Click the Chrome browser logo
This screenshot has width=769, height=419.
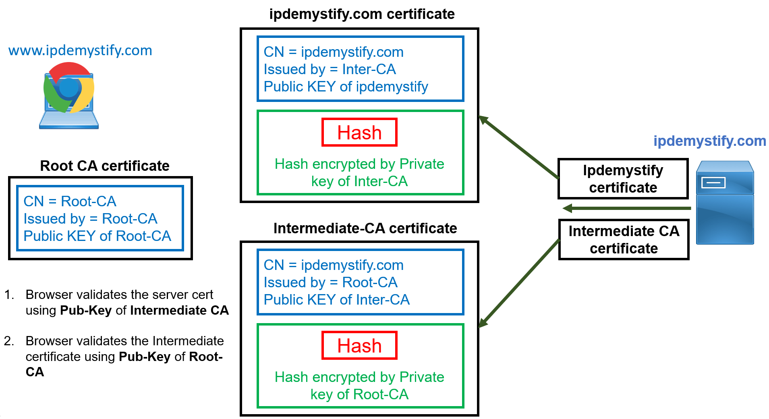tap(69, 88)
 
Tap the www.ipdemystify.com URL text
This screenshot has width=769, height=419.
tap(80, 50)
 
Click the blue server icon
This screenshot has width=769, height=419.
tap(725, 203)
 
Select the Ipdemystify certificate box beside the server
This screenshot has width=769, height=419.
tap(623, 179)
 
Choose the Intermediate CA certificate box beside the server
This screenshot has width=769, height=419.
tap(624, 240)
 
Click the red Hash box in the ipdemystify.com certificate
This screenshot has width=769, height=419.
tap(359, 133)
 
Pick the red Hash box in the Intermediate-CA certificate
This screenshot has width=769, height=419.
tap(359, 346)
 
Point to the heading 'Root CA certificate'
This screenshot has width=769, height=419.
tap(105, 166)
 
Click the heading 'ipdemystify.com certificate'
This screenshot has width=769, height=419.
tap(362, 14)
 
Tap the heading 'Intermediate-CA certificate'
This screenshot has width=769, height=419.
tap(365, 228)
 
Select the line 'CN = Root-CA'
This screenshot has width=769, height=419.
tap(70, 201)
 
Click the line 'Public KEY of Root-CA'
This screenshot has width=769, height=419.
tap(97, 236)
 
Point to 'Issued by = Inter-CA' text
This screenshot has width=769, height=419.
tap(330, 69)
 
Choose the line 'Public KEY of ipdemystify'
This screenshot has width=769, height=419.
tap(346, 87)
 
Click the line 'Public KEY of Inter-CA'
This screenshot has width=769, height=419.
tap(336, 300)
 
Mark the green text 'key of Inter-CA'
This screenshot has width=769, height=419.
tap(359, 182)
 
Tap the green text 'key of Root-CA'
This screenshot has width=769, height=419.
tap(359, 394)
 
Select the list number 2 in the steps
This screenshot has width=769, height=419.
tap(9, 341)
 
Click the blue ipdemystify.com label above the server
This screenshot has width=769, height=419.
tap(709, 141)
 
